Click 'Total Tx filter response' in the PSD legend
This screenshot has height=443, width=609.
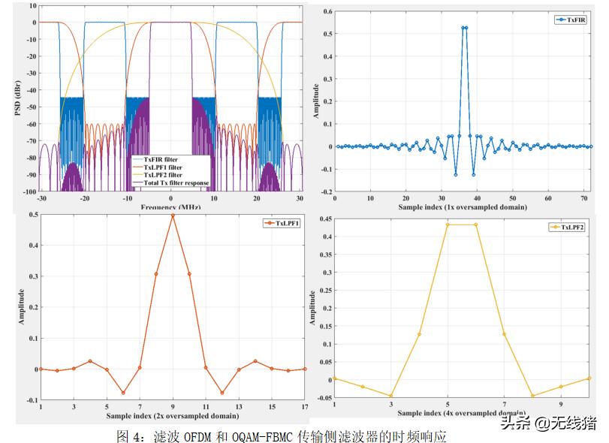click(x=175, y=183)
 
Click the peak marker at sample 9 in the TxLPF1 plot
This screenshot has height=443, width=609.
click(x=173, y=215)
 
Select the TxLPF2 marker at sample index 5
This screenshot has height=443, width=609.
click(x=448, y=225)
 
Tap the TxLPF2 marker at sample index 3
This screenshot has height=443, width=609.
click(x=390, y=396)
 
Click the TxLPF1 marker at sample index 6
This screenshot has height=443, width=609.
click(x=123, y=393)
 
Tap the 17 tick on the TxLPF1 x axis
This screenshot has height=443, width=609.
click(x=305, y=406)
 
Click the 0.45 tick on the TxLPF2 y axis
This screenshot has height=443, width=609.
click(x=323, y=218)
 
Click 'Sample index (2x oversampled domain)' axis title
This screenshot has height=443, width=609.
click(x=173, y=415)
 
